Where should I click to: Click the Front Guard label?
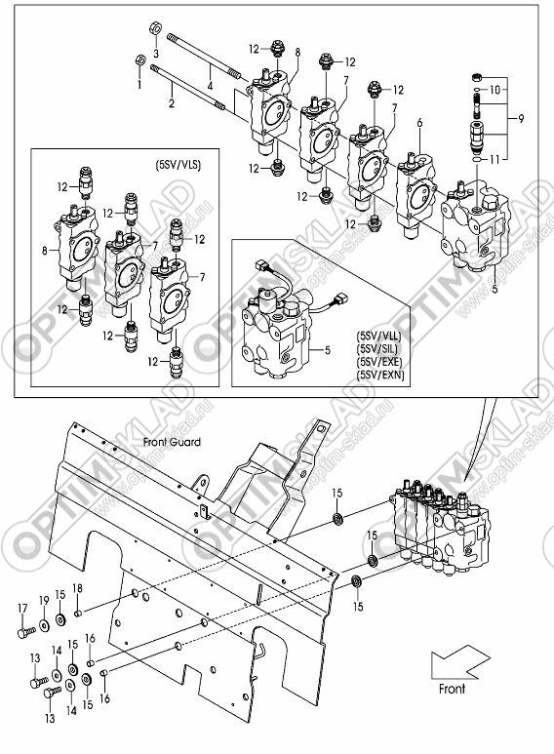(172, 442)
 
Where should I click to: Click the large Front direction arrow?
(459, 661)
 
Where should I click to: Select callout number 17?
(22, 609)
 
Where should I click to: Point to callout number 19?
(44, 601)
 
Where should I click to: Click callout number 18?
(77, 587)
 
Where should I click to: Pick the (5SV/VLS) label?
(178, 165)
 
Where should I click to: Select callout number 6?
(419, 123)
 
